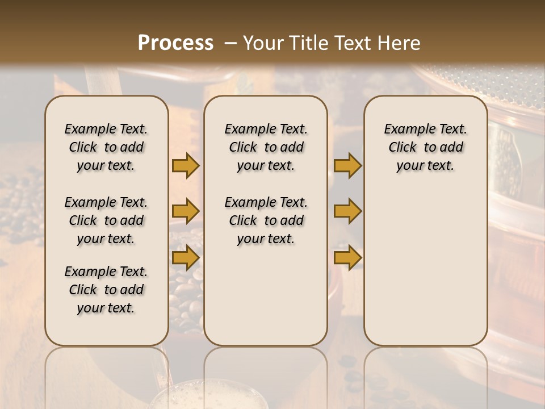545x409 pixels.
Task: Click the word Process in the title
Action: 175,43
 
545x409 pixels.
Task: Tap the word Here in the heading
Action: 399,43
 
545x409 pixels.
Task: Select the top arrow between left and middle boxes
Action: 185,165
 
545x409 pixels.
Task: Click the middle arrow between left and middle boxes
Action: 185,211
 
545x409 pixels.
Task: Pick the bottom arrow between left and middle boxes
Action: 185,257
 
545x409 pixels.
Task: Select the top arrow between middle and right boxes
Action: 347,165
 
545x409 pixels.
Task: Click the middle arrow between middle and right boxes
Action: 347,211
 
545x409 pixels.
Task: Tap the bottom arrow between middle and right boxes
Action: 347,257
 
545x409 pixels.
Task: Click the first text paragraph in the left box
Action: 106,147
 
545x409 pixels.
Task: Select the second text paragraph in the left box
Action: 106,220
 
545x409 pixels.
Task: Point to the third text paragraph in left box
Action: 106,290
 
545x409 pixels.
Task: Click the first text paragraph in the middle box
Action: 266,147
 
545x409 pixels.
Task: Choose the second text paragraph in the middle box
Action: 266,220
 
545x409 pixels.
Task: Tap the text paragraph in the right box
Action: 426,147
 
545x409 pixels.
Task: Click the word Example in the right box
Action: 406,129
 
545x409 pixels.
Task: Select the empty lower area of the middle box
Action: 266,295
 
